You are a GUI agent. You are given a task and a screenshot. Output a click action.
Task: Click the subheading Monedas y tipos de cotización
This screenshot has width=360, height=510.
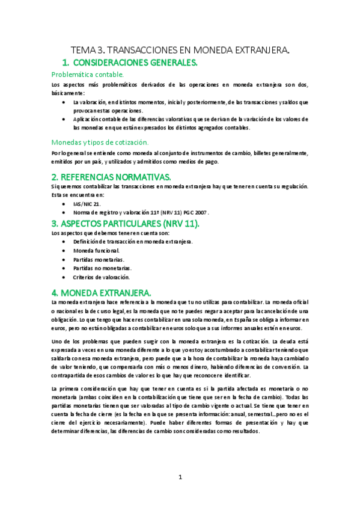(x=99, y=142)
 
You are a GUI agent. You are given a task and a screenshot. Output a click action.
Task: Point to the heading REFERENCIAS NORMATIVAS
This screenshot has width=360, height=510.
(x=111, y=176)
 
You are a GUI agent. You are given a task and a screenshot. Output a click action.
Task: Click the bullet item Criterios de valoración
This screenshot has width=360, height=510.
(x=101, y=277)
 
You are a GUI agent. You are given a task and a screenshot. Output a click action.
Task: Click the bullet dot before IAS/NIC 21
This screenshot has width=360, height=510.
(x=64, y=204)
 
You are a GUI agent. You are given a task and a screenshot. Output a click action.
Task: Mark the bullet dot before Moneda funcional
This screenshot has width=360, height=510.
(x=64, y=250)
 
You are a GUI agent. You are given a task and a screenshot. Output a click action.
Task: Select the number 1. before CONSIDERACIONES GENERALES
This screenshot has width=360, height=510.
(x=66, y=63)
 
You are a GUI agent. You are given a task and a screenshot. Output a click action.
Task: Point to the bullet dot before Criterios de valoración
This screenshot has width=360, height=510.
(x=64, y=277)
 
